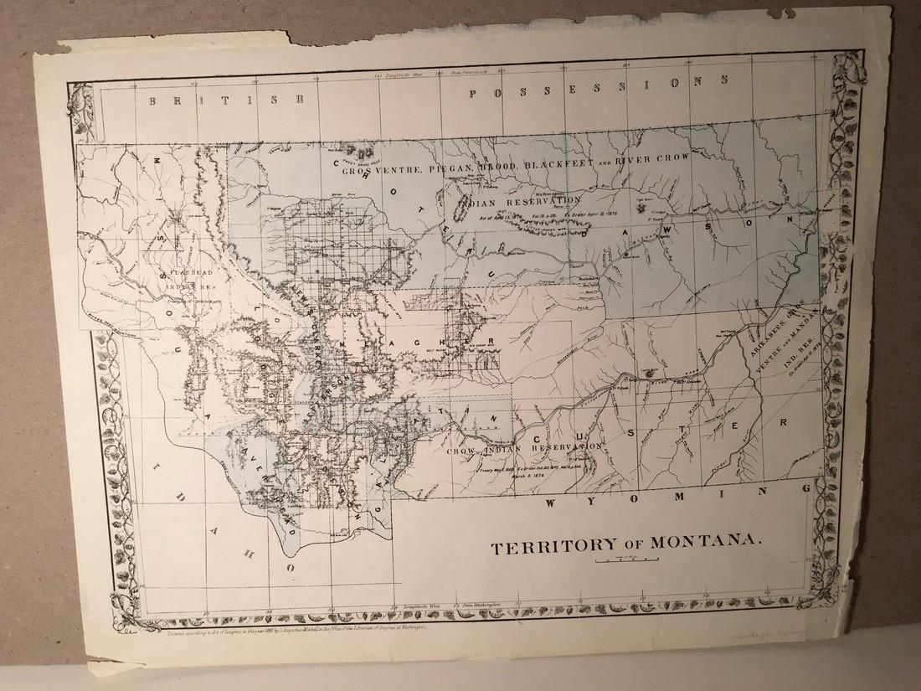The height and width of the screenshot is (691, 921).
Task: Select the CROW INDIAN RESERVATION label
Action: coord(524,451)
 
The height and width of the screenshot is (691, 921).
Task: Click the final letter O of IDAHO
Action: coord(292,566)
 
